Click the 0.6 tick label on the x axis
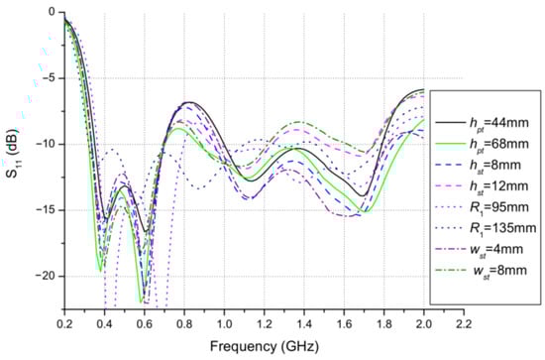[145, 323]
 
